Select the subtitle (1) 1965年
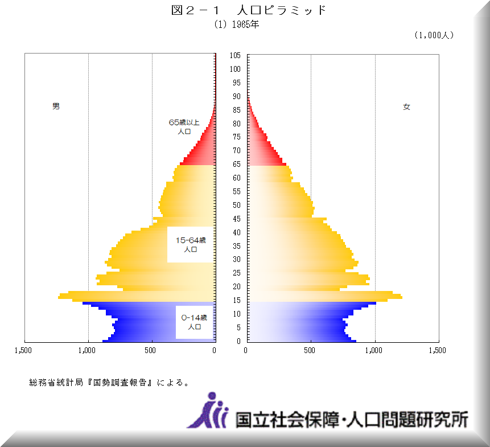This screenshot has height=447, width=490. (x=236, y=24)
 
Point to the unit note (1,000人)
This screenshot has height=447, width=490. (x=434, y=35)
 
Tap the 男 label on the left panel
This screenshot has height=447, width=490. (x=56, y=106)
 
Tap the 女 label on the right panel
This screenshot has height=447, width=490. (x=406, y=106)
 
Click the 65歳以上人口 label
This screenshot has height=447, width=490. (x=184, y=126)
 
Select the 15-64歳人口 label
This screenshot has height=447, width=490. (x=191, y=245)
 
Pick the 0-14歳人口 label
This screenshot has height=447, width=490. (x=194, y=322)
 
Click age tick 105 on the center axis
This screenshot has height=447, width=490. (x=235, y=55)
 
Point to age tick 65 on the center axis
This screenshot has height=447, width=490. (x=235, y=165)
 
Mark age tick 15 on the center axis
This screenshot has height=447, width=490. (x=235, y=301)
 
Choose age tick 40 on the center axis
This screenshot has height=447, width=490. (x=235, y=232)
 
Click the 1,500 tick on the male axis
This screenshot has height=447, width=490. (x=24, y=350)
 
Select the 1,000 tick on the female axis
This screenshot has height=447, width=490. (x=374, y=350)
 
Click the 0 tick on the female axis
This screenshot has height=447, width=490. (x=245, y=350)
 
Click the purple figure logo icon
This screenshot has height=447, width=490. (x=209, y=411)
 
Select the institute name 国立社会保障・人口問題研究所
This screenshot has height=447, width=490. (x=352, y=419)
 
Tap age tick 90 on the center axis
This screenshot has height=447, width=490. (x=235, y=96)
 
